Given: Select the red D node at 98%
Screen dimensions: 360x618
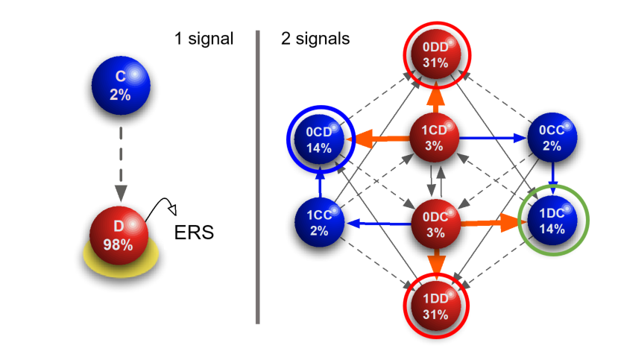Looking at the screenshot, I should (119, 236).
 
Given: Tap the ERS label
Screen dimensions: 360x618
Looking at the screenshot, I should (194, 232).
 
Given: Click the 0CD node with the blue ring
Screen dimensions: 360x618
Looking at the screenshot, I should (318, 139).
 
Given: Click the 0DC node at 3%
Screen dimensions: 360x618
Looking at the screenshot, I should (435, 222).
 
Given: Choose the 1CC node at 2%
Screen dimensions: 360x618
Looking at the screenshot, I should (318, 222).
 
